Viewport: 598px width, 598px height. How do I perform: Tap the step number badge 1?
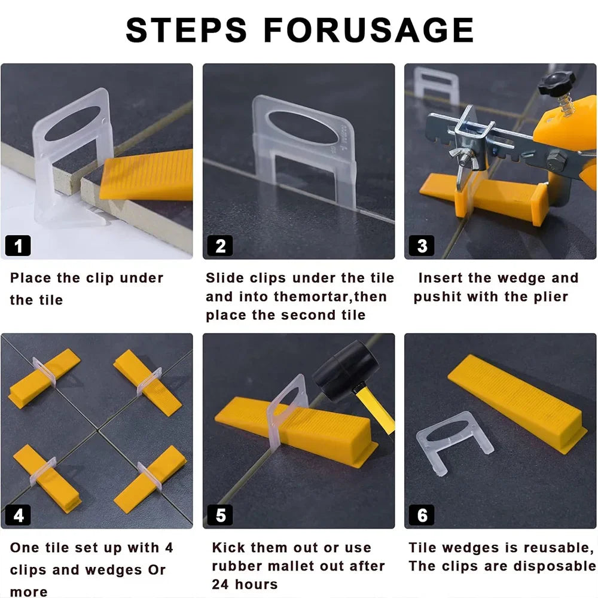coord(18,245)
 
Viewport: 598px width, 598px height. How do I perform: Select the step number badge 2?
coord(220,245)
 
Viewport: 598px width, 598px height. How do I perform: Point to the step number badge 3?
coord(422,245)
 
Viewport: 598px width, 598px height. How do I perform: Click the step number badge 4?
coord(18,515)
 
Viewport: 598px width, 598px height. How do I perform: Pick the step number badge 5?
coord(220,515)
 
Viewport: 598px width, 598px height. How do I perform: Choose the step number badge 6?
coord(422,515)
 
